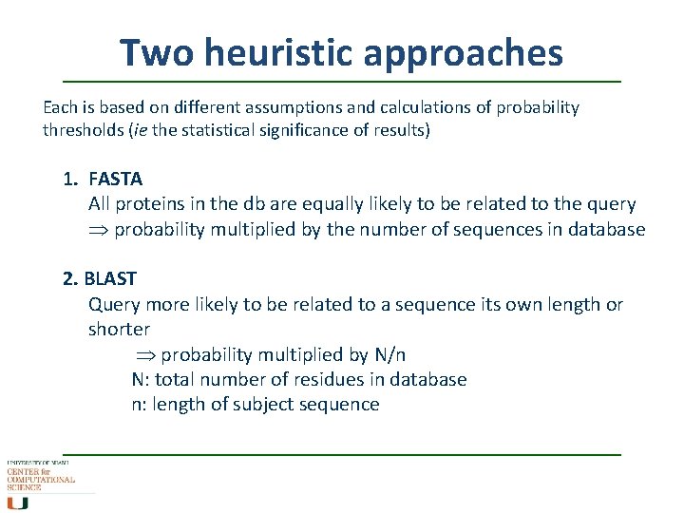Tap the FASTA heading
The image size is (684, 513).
[x=115, y=179]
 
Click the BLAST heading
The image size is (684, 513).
[x=111, y=278]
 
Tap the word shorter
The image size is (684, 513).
[x=119, y=330]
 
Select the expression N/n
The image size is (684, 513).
[x=389, y=354]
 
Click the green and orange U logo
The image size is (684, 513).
[x=18, y=502]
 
